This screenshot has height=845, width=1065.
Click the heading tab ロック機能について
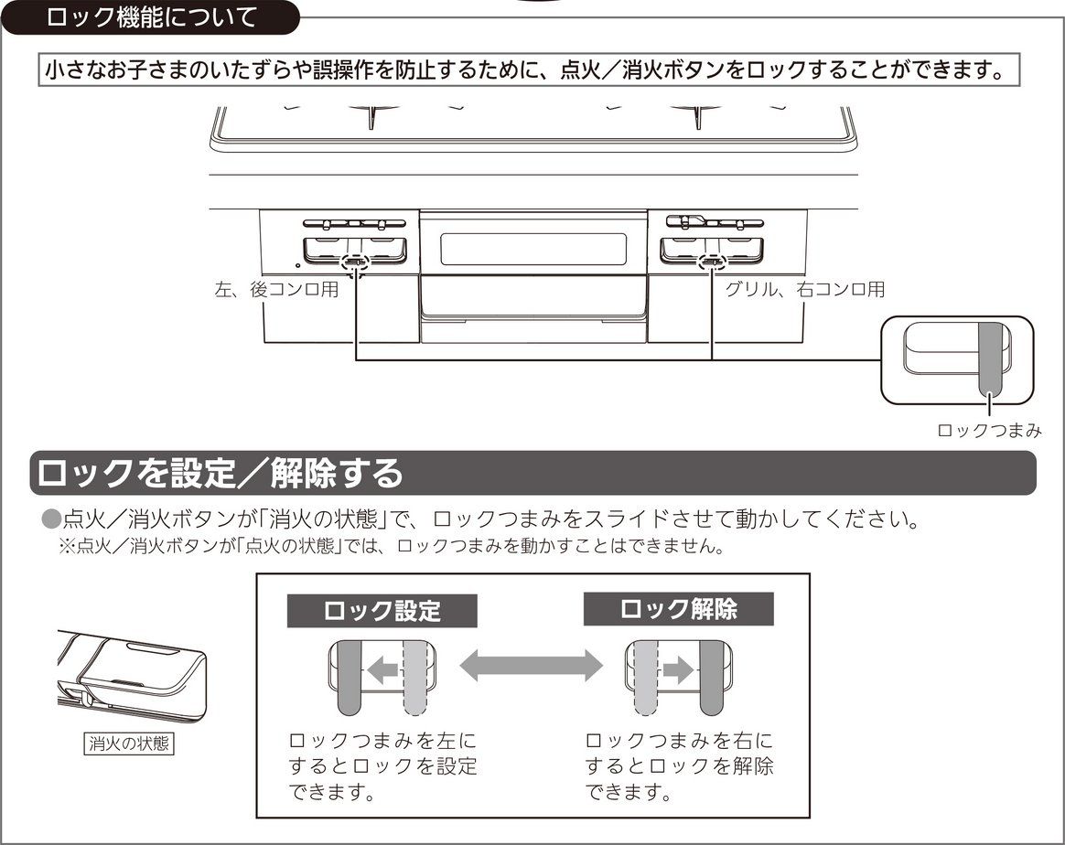tap(151, 17)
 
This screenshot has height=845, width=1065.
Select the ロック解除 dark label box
tap(678, 609)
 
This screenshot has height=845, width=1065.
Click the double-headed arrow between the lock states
tap(531, 665)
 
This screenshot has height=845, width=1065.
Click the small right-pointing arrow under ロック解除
tap(678, 670)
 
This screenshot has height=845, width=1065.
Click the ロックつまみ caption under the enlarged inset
tap(989, 431)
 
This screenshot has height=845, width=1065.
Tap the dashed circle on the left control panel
tap(354, 263)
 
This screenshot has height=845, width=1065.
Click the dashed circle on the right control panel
tap(710, 263)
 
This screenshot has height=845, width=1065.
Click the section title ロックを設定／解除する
tap(220, 474)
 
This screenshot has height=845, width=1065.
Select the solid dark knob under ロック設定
tap(350, 678)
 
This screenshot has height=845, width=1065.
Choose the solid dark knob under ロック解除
tap(712, 678)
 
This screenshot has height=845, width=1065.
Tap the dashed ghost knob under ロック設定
tap(415, 678)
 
